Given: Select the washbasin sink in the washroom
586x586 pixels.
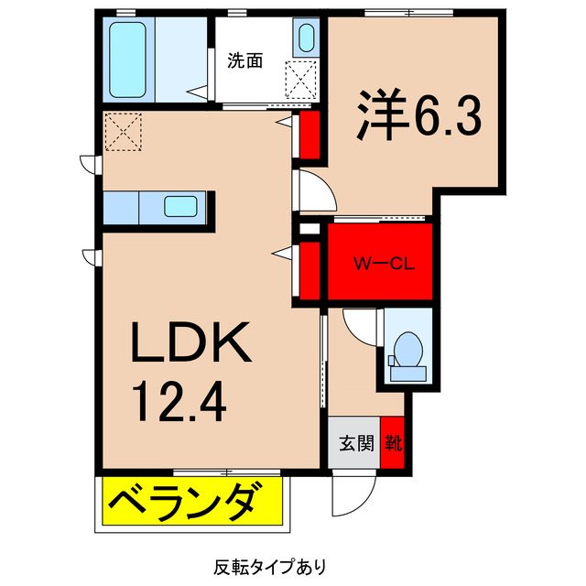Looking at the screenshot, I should click(306, 38).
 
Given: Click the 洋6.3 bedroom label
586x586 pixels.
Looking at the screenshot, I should click(416, 115).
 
